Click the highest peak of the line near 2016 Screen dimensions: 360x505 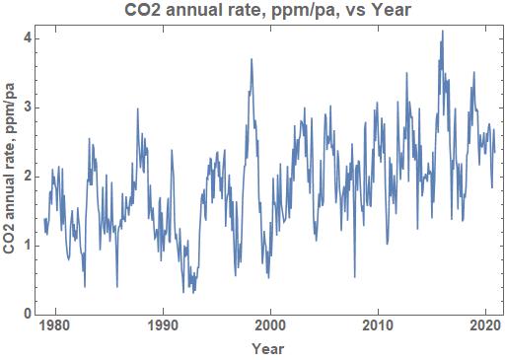(442, 31)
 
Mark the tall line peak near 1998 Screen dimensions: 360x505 (252, 59)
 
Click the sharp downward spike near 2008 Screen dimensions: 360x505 (354, 277)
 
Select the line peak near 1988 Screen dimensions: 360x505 (137, 109)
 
